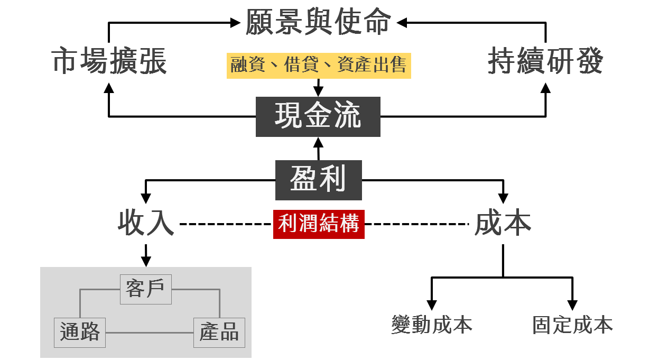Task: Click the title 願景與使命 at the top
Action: (318, 22)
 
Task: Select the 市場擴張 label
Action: (109, 61)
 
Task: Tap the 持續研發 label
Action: (546, 61)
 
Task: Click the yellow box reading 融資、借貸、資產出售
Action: (319, 66)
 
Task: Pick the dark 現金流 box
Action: (318, 117)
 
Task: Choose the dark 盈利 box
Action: (319, 180)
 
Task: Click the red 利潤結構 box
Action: (319, 224)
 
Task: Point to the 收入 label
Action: (146, 223)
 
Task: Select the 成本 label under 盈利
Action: (503, 223)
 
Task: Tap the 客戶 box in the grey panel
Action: (146, 289)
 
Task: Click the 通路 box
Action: (80, 333)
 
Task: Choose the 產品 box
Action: (219, 333)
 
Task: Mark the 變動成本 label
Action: (432, 325)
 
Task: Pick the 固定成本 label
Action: (572, 325)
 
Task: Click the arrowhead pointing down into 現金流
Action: (318, 91)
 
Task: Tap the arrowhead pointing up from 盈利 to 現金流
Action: (318, 143)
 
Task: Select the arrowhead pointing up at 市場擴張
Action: (109, 88)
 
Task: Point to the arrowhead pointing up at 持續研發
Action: (546, 88)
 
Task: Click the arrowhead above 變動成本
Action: (432, 305)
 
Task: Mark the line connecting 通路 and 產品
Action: (150, 333)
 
